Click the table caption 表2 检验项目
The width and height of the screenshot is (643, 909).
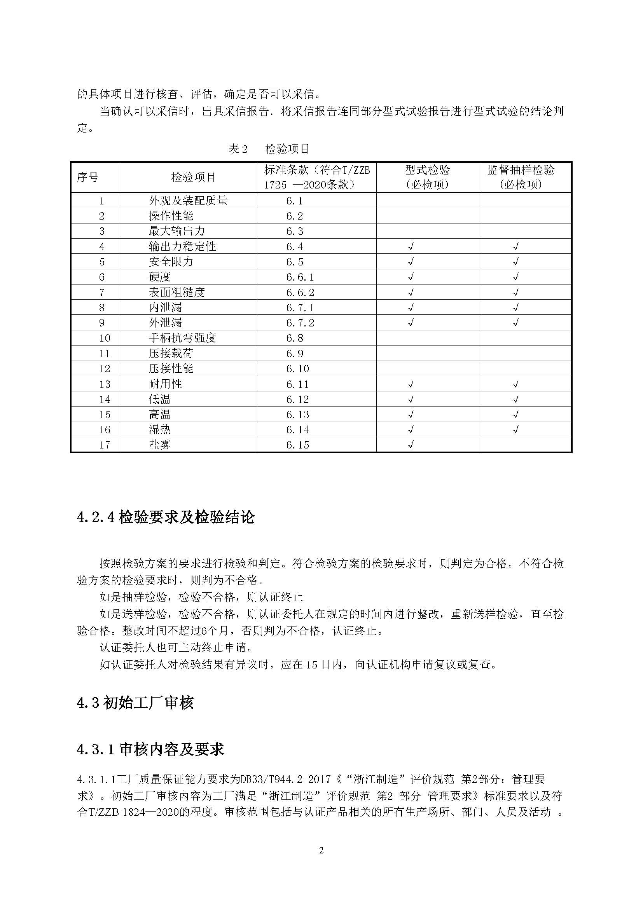(x=269, y=149)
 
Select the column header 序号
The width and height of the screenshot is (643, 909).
(x=87, y=177)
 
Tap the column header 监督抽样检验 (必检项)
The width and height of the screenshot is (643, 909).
(x=521, y=177)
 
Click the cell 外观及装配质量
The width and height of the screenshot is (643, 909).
(x=188, y=201)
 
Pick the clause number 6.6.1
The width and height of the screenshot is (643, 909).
(x=300, y=277)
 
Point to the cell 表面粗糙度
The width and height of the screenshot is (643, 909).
(x=176, y=292)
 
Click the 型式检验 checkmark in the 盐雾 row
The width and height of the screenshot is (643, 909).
(x=411, y=445)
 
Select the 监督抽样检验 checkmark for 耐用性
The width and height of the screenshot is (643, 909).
(x=515, y=384)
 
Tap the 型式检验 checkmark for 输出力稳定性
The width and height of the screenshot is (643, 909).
(x=411, y=246)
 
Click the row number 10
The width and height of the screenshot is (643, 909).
(x=105, y=338)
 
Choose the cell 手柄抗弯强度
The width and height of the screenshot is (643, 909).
(x=182, y=338)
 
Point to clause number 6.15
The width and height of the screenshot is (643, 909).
(x=297, y=445)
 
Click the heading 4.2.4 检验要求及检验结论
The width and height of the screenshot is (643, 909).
(x=166, y=517)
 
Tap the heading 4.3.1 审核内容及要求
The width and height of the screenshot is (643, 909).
(x=150, y=749)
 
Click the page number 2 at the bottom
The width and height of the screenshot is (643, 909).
(x=321, y=861)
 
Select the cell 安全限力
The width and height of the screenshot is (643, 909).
(x=171, y=262)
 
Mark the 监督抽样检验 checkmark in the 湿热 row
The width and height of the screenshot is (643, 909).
(x=515, y=429)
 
